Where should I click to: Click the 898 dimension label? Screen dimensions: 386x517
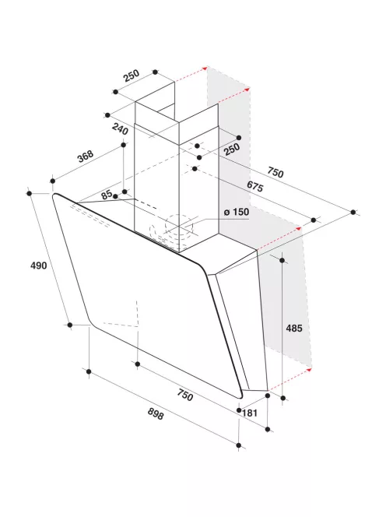[156, 413]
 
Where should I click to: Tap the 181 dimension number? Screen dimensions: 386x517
[250, 413]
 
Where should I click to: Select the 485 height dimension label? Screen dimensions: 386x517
[294, 328]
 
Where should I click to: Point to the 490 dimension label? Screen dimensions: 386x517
[39, 265]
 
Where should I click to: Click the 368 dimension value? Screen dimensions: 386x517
[86, 157]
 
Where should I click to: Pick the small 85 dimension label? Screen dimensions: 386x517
[107, 195]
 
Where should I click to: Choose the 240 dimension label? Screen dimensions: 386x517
[120, 128]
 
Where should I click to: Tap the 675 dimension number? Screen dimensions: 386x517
[255, 186]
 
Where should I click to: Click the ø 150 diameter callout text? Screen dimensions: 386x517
[237, 212]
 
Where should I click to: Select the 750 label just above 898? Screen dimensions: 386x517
[185, 395]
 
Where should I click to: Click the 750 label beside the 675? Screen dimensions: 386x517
[275, 172]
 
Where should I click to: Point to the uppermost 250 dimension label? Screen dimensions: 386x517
[132, 76]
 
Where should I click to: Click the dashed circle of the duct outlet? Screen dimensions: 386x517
[179, 227]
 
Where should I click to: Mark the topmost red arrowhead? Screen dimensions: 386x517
[205, 69]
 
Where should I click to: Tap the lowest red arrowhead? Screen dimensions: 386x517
[309, 370]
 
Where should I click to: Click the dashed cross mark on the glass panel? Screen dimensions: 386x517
[137, 325]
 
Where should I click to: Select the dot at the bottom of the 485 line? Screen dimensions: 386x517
[282, 398]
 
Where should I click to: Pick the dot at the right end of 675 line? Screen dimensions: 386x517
[314, 220]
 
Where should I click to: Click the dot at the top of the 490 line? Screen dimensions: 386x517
[29, 193]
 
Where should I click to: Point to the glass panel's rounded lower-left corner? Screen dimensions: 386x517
[92, 323]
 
